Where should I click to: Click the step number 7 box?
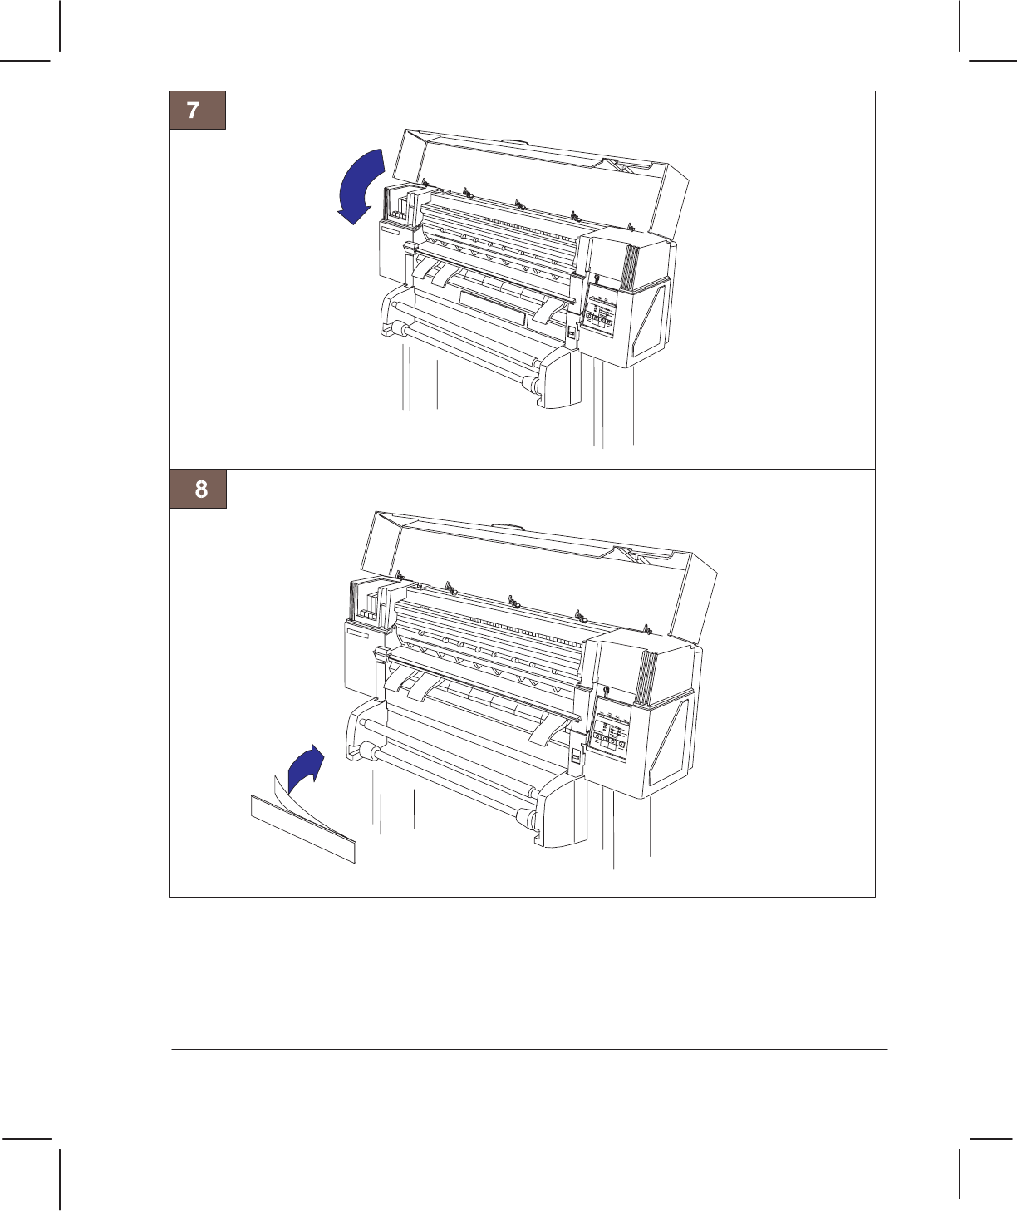198,111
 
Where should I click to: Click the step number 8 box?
199,489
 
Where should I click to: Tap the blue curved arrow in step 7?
360,185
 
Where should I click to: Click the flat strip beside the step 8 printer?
303,829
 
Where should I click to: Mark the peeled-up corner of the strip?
278,784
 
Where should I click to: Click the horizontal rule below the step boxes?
529,1049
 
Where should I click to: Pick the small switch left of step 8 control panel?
577,757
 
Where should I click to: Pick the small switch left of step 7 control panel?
571,333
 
